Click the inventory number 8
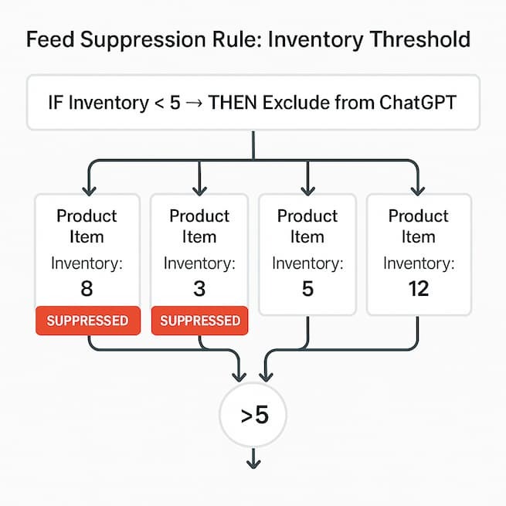coord(87,289)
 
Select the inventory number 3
coord(199,289)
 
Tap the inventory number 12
coord(418,289)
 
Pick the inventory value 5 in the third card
coord(308,289)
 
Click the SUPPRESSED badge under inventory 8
coord(87,320)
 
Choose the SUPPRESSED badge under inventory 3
coord(200,320)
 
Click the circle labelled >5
coord(253,415)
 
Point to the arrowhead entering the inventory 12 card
coord(418,188)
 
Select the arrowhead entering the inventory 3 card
coord(200,188)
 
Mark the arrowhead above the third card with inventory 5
coord(308,188)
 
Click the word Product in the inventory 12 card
coord(418,216)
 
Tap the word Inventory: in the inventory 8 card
coord(87,263)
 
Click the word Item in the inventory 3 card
coord(199,236)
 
